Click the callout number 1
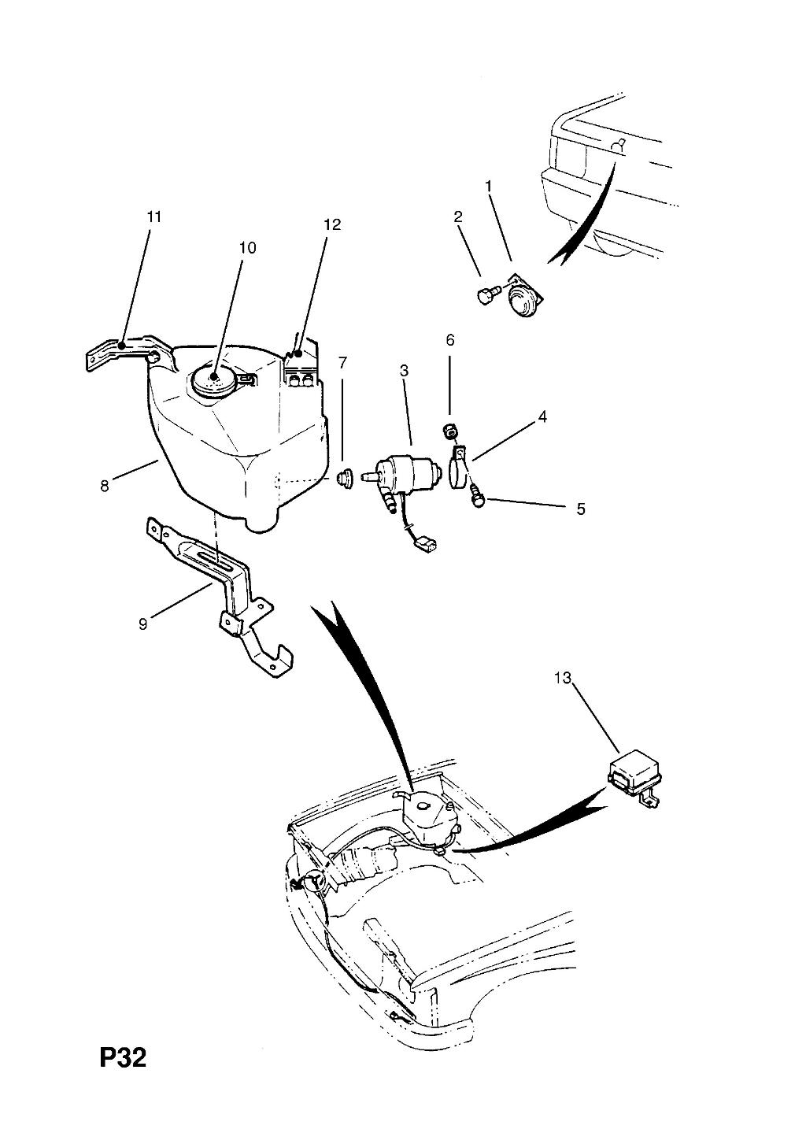pyautogui.click(x=489, y=187)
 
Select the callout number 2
pyautogui.click(x=458, y=217)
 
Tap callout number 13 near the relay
pyautogui.click(x=564, y=679)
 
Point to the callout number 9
pyautogui.click(x=143, y=624)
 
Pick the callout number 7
pyautogui.click(x=342, y=363)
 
